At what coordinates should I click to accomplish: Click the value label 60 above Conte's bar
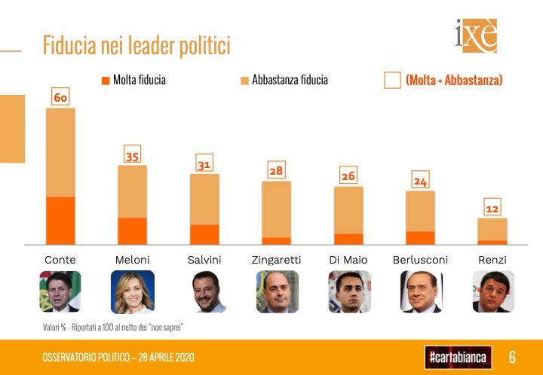tap(60, 98)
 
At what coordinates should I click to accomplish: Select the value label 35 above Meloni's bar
tap(132, 156)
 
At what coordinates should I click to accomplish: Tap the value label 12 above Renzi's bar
tap(492, 209)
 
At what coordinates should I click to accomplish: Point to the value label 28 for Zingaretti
tap(276, 171)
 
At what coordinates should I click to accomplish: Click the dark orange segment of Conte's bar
tap(60, 220)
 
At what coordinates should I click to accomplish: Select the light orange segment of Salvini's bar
tap(204, 199)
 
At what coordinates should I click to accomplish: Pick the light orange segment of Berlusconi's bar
tap(420, 211)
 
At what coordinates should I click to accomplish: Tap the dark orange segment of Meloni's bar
tap(132, 230)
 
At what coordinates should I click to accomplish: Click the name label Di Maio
tap(348, 260)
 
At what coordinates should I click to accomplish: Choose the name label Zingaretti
tap(276, 260)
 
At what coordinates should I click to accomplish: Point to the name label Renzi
tap(492, 260)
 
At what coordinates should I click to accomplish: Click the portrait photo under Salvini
tap(204, 291)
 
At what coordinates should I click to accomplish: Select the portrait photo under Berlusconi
tap(420, 291)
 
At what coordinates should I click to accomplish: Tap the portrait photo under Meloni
tap(132, 291)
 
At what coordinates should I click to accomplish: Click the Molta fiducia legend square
tap(105, 80)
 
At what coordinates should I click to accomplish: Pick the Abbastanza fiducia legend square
tap(244, 80)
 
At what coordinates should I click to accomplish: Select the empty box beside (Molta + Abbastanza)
tap(392, 80)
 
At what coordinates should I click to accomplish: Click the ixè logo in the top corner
tap(476, 35)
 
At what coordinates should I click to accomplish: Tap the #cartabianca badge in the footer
tap(458, 356)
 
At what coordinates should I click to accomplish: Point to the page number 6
tap(512, 356)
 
